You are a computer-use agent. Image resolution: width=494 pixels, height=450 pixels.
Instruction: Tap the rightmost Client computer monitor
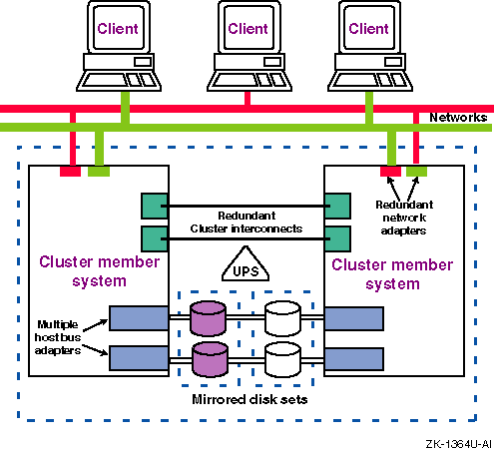coord(368,30)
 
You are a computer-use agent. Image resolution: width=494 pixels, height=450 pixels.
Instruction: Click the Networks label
coord(458,118)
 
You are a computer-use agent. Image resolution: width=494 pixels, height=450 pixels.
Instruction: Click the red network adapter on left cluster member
coord(71,172)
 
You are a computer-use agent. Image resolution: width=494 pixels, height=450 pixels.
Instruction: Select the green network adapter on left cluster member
coord(99,172)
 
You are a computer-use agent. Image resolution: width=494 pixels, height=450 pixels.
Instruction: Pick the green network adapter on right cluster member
coord(417,172)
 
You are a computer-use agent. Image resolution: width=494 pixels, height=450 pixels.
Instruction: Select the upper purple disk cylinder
coord(210,318)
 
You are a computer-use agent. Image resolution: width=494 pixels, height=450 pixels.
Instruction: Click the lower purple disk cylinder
coord(210,356)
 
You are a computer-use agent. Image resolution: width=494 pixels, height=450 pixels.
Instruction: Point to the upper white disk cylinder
coord(283,318)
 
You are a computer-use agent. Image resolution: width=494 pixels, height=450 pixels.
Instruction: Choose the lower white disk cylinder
coord(283,356)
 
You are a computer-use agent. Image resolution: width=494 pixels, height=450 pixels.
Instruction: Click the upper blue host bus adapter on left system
coord(138,318)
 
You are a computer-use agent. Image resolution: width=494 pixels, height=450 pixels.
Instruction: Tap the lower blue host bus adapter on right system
coord(355,356)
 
